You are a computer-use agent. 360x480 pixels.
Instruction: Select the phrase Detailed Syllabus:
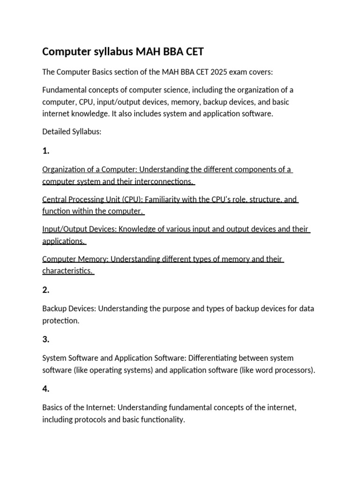pyautogui.click(x=72, y=132)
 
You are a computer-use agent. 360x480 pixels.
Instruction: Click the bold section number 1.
pyautogui.click(x=45, y=151)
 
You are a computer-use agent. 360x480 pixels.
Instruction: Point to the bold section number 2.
pyautogui.click(x=45, y=290)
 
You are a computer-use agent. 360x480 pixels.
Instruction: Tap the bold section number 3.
pyautogui.click(x=45, y=339)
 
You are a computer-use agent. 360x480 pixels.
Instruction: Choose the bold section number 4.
pyautogui.click(x=45, y=389)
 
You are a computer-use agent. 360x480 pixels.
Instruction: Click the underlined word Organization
pyautogui.click(x=65, y=169)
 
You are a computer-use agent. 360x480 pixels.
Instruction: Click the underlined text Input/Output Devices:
pyautogui.click(x=79, y=229)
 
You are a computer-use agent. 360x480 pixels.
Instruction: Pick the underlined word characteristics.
pyautogui.click(x=67, y=271)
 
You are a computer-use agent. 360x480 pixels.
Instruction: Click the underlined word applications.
pyautogui.click(x=63, y=241)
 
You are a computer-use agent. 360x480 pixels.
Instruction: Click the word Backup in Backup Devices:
pyautogui.click(x=54, y=308)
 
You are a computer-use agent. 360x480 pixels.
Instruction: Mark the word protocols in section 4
pyautogui.click(x=92, y=420)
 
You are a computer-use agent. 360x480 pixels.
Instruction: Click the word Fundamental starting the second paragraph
pyautogui.click(x=65, y=90)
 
